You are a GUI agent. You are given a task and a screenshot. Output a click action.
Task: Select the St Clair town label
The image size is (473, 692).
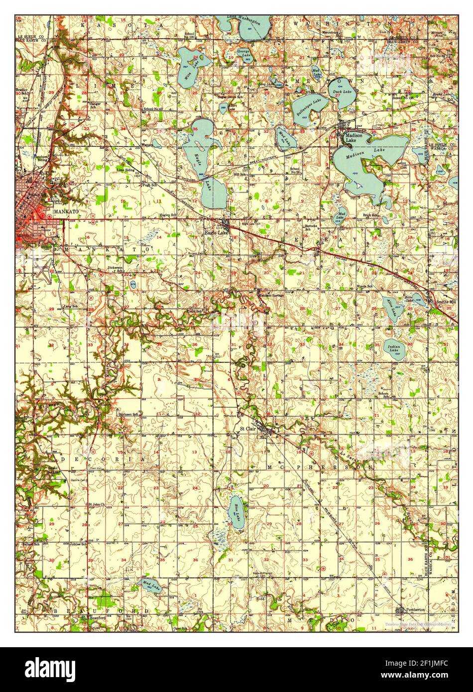247,428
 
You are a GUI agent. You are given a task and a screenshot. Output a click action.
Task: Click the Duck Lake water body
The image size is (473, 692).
341,93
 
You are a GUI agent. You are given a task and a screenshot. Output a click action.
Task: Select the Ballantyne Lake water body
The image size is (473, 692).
308,106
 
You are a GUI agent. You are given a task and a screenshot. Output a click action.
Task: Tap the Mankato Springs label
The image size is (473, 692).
270,295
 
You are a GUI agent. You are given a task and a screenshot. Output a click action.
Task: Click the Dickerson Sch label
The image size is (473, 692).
116,268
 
